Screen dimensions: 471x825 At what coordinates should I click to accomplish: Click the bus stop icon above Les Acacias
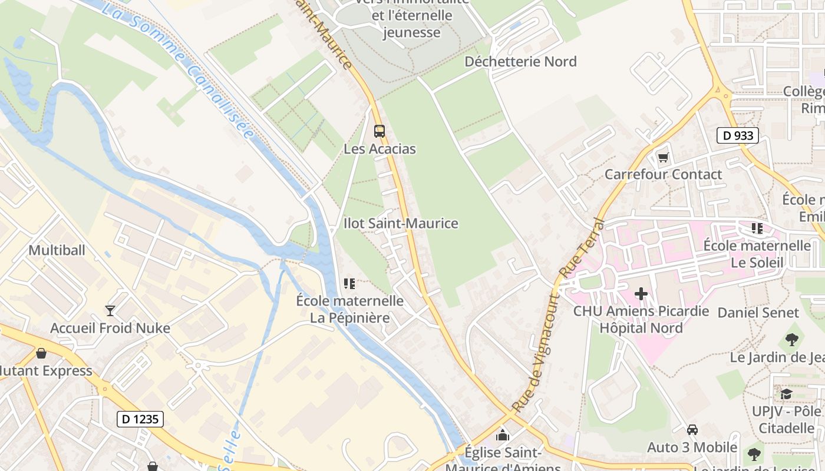coord(379,131)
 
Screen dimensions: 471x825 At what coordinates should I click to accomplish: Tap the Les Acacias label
coord(379,149)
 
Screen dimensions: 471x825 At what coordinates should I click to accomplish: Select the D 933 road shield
coord(737,135)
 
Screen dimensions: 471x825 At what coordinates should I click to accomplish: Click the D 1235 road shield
coord(140,419)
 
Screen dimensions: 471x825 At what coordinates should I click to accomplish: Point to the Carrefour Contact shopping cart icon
coord(664,157)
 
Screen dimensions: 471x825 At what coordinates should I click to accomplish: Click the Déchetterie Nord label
coord(520,61)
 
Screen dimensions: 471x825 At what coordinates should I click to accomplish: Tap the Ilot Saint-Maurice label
coord(401,224)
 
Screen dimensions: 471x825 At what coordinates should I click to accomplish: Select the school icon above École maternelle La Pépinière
coord(349,284)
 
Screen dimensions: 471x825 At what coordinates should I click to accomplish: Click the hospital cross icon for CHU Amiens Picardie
coord(641,293)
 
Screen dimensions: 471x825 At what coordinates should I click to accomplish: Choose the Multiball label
coord(57,250)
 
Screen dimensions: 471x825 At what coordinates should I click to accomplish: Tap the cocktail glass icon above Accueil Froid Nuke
coord(110,310)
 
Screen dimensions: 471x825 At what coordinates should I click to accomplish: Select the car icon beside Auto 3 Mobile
coord(692,430)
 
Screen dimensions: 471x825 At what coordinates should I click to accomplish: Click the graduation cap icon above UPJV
coord(786,393)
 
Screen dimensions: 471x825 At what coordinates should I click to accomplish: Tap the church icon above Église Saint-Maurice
coord(503,435)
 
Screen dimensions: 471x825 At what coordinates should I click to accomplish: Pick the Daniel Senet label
coord(758,313)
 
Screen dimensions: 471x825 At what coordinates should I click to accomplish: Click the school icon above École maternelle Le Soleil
coord(757,228)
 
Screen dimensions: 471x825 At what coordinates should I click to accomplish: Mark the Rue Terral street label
coord(581,248)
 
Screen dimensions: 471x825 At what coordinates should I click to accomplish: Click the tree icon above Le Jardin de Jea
coord(791,339)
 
